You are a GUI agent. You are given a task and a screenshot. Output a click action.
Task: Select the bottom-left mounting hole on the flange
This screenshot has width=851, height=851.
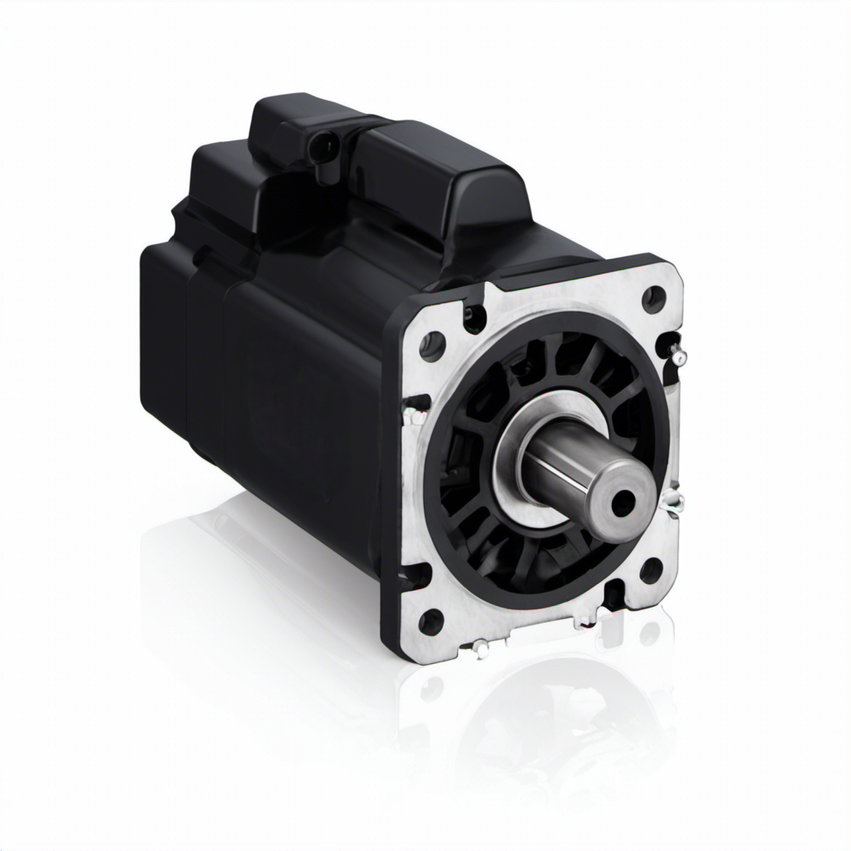tap(430, 620)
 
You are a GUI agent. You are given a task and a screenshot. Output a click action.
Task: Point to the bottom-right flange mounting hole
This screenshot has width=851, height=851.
tap(651, 570)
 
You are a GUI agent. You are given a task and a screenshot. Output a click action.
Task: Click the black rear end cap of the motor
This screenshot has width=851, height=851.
tap(166, 332)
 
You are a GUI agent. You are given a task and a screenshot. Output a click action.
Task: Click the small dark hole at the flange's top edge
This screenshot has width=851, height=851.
tap(475, 316)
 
